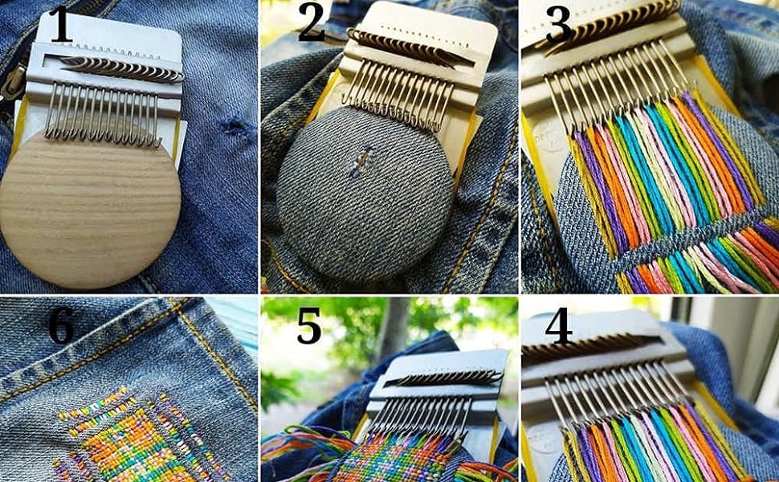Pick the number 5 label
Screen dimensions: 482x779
pyautogui.click(x=309, y=325)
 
